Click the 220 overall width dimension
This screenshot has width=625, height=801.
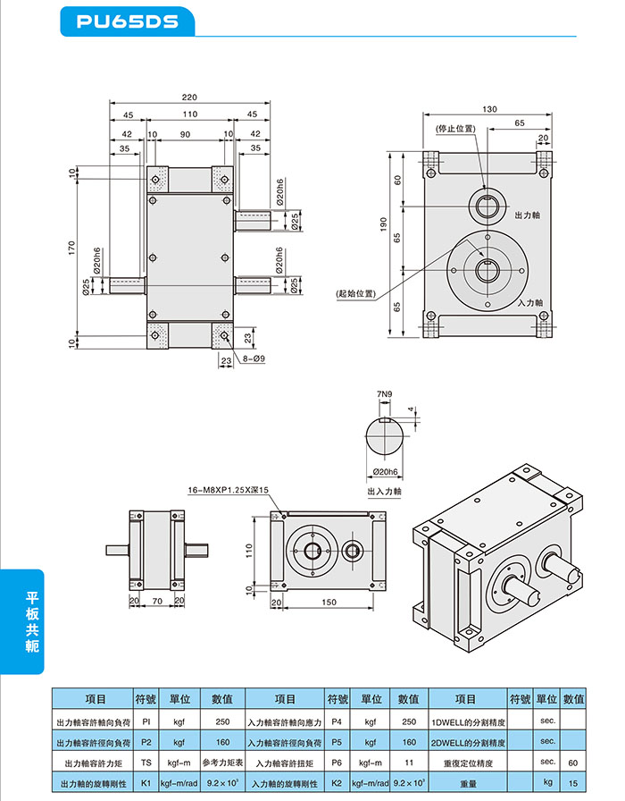[189, 97]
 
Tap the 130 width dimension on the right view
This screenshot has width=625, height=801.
[488, 109]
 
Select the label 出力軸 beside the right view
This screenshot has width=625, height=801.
[528, 216]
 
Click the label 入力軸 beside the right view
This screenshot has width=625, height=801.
[530, 304]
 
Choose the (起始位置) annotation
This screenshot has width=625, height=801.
[355, 293]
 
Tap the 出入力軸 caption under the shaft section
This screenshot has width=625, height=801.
[385, 491]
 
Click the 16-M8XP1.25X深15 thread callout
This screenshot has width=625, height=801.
[229, 490]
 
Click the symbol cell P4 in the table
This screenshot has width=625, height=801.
[337, 721]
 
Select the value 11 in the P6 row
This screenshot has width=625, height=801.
[409, 763]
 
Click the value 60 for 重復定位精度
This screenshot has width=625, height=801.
[573, 763]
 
